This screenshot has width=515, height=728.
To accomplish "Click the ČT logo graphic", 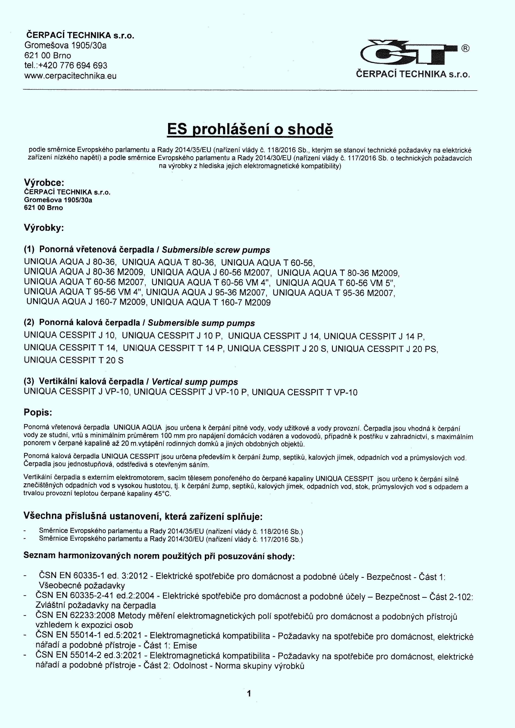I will tap(409, 53).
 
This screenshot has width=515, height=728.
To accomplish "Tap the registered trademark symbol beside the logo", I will tap(465, 48).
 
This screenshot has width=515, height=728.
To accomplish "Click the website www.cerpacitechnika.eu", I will tap(70, 76).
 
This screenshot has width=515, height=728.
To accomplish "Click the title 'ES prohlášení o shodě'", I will tap(250, 129).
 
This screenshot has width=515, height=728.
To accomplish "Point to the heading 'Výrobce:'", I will tap(44, 183).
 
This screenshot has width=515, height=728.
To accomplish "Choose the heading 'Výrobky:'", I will tap(44, 228).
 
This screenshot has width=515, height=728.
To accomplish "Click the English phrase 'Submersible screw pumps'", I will tap(216, 250).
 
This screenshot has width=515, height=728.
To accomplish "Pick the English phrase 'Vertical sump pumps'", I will tap(195, 382).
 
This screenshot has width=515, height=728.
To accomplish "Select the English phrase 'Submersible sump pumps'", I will tap(201, 323).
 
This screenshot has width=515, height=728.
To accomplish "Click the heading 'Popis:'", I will tap(38, 412).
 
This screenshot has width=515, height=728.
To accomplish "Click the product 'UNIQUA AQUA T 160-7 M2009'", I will tap(211, 302).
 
